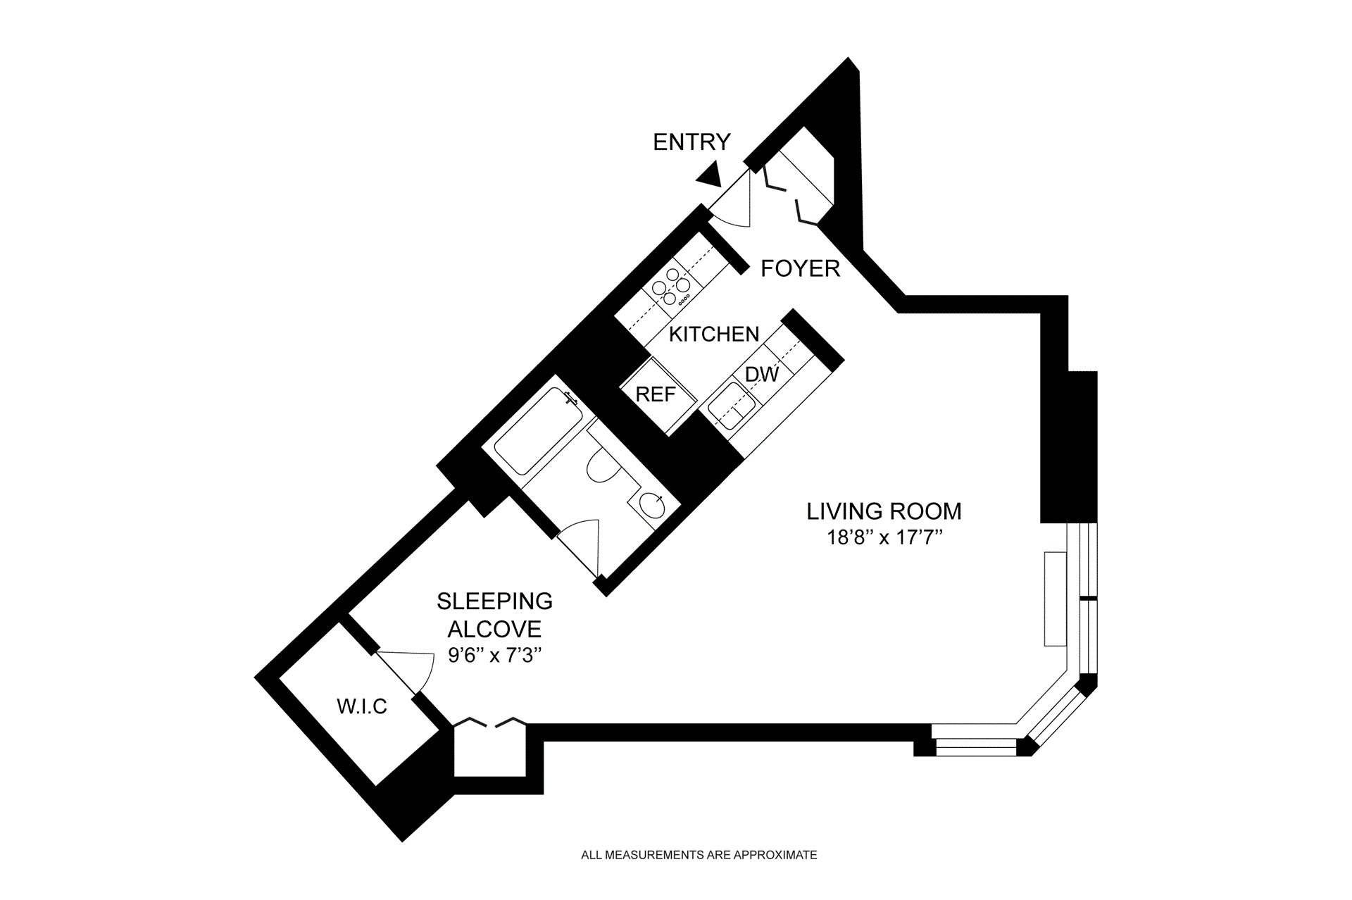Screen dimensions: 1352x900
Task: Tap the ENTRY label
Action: tap(691, 142)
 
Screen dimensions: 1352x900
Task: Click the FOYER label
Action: tap(801, 268)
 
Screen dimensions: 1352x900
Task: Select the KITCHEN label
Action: tap(714, 334)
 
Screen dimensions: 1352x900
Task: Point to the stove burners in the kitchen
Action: tap(670, 286)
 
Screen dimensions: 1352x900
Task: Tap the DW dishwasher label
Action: tap(762, 374)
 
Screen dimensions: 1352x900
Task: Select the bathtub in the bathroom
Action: tap(539, 430)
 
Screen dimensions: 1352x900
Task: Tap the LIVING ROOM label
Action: tap(884, 511)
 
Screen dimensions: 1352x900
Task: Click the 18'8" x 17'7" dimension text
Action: tap(884, 538)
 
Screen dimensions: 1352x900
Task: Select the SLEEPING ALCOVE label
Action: tap(495, 615)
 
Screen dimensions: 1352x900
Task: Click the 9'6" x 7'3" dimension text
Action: tap(495, 656)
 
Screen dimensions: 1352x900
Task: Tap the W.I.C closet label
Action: tap(362, 706)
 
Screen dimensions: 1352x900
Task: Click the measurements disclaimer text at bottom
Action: tap(699, 855)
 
